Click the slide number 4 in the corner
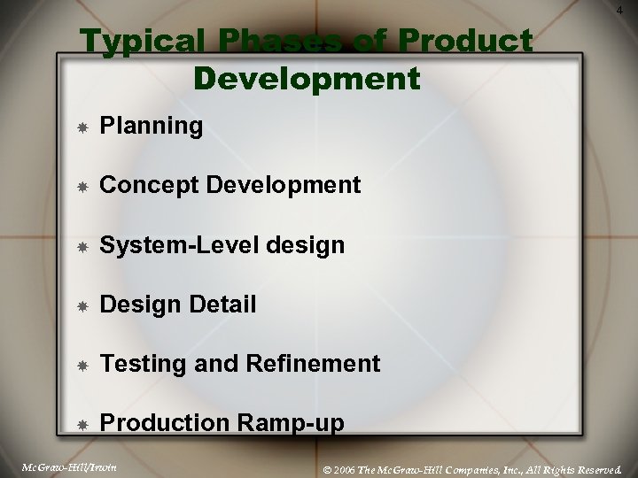pyautogui.click(x=617, y=10)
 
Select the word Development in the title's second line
pyautogui.click(x=307, y=78)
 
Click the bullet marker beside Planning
pyautogui.click(x=82, y=127)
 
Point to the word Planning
pyautogui.click(x=152, y=127)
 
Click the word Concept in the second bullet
pyautogui.click(x=143, y=185)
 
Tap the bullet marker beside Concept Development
pyautogui.click(x=82, y=186)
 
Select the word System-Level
pyautogui.click(x=178, y=245)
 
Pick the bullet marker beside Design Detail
pyautogui.click(x=82, y=305)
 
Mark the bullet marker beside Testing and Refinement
pyautogui.click(x=82, y=364)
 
